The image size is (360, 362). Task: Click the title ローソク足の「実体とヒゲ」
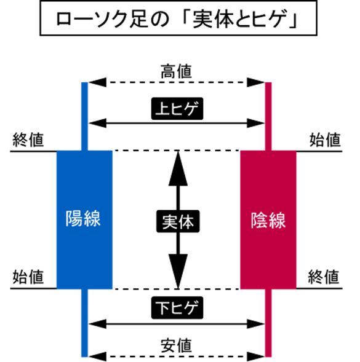click(177, 18)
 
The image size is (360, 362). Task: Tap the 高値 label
click(176, 71)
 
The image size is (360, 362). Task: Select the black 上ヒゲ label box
click(177, 109)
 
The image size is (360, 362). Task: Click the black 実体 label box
click(178, 221)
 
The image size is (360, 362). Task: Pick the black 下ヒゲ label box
click(177, 308)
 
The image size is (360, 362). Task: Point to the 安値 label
click(176, 345)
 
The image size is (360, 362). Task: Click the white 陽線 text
click(83, 218)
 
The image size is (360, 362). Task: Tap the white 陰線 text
click(268, 221)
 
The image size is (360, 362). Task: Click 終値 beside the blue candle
click(28, 140)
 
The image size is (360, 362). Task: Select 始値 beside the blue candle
click(28, 277)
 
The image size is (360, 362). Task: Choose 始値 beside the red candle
click(325, 140)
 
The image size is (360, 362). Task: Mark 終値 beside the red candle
click(324, 277)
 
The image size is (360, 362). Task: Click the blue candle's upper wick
click(85, 116)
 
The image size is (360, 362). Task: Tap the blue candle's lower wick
click(85, 323)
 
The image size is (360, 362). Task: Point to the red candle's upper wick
click(268, 116)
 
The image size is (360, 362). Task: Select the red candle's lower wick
click(268, 323)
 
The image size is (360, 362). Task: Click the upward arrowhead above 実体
click(178, 168)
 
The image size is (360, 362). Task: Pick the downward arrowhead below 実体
click(178, 272)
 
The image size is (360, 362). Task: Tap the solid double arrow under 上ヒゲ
click(177, 123)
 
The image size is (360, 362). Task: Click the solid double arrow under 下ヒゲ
click(177, 324)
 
